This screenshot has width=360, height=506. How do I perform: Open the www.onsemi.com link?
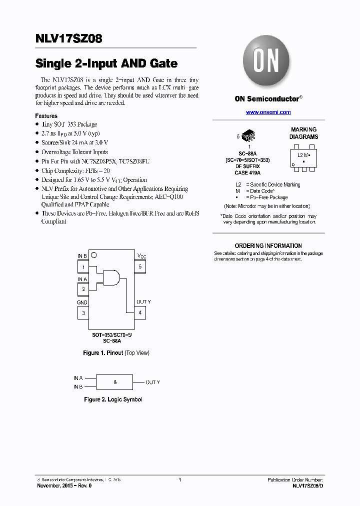268,112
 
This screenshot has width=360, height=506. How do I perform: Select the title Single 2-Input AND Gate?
106,63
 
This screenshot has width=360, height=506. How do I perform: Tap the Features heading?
46,116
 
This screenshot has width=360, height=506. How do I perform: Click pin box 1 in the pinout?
83,267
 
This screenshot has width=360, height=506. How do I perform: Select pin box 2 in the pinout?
83,289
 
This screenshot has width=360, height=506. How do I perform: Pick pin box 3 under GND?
83,313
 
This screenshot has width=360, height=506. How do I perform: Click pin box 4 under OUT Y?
140,313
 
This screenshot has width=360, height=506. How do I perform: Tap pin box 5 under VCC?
140,267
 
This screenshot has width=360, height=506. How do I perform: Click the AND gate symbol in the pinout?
111,277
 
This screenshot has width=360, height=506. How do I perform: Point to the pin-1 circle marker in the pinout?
93,254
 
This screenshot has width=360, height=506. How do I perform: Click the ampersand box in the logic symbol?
115,382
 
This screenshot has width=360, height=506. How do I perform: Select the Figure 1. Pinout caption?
116,353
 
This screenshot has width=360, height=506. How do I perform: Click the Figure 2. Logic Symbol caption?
113,399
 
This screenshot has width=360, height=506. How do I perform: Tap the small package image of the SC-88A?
248,135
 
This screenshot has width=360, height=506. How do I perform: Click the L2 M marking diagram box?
303,155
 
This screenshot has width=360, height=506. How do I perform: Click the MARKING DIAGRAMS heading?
303,133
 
